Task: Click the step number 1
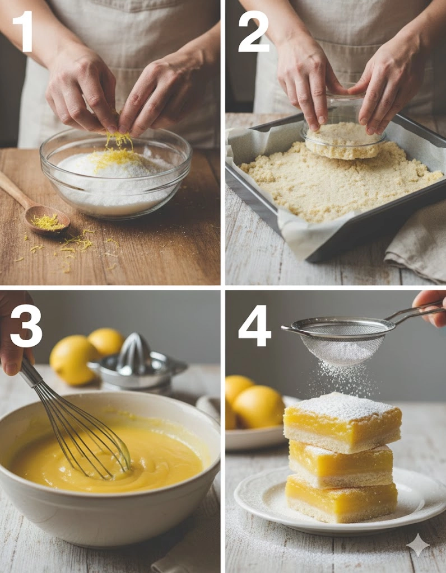[x=24, y=31]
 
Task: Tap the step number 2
[x=253, y=31]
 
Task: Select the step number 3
[x=26, y=326]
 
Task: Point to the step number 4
[x=254, y=326]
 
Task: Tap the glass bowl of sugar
[x=115, y=173]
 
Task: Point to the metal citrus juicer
[x=138, y=364]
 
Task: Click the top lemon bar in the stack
[x=342, y=422]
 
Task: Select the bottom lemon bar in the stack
[x=341, y=499]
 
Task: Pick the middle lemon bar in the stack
[x=341, y=464]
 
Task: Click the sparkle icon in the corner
[x=419, y=545]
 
